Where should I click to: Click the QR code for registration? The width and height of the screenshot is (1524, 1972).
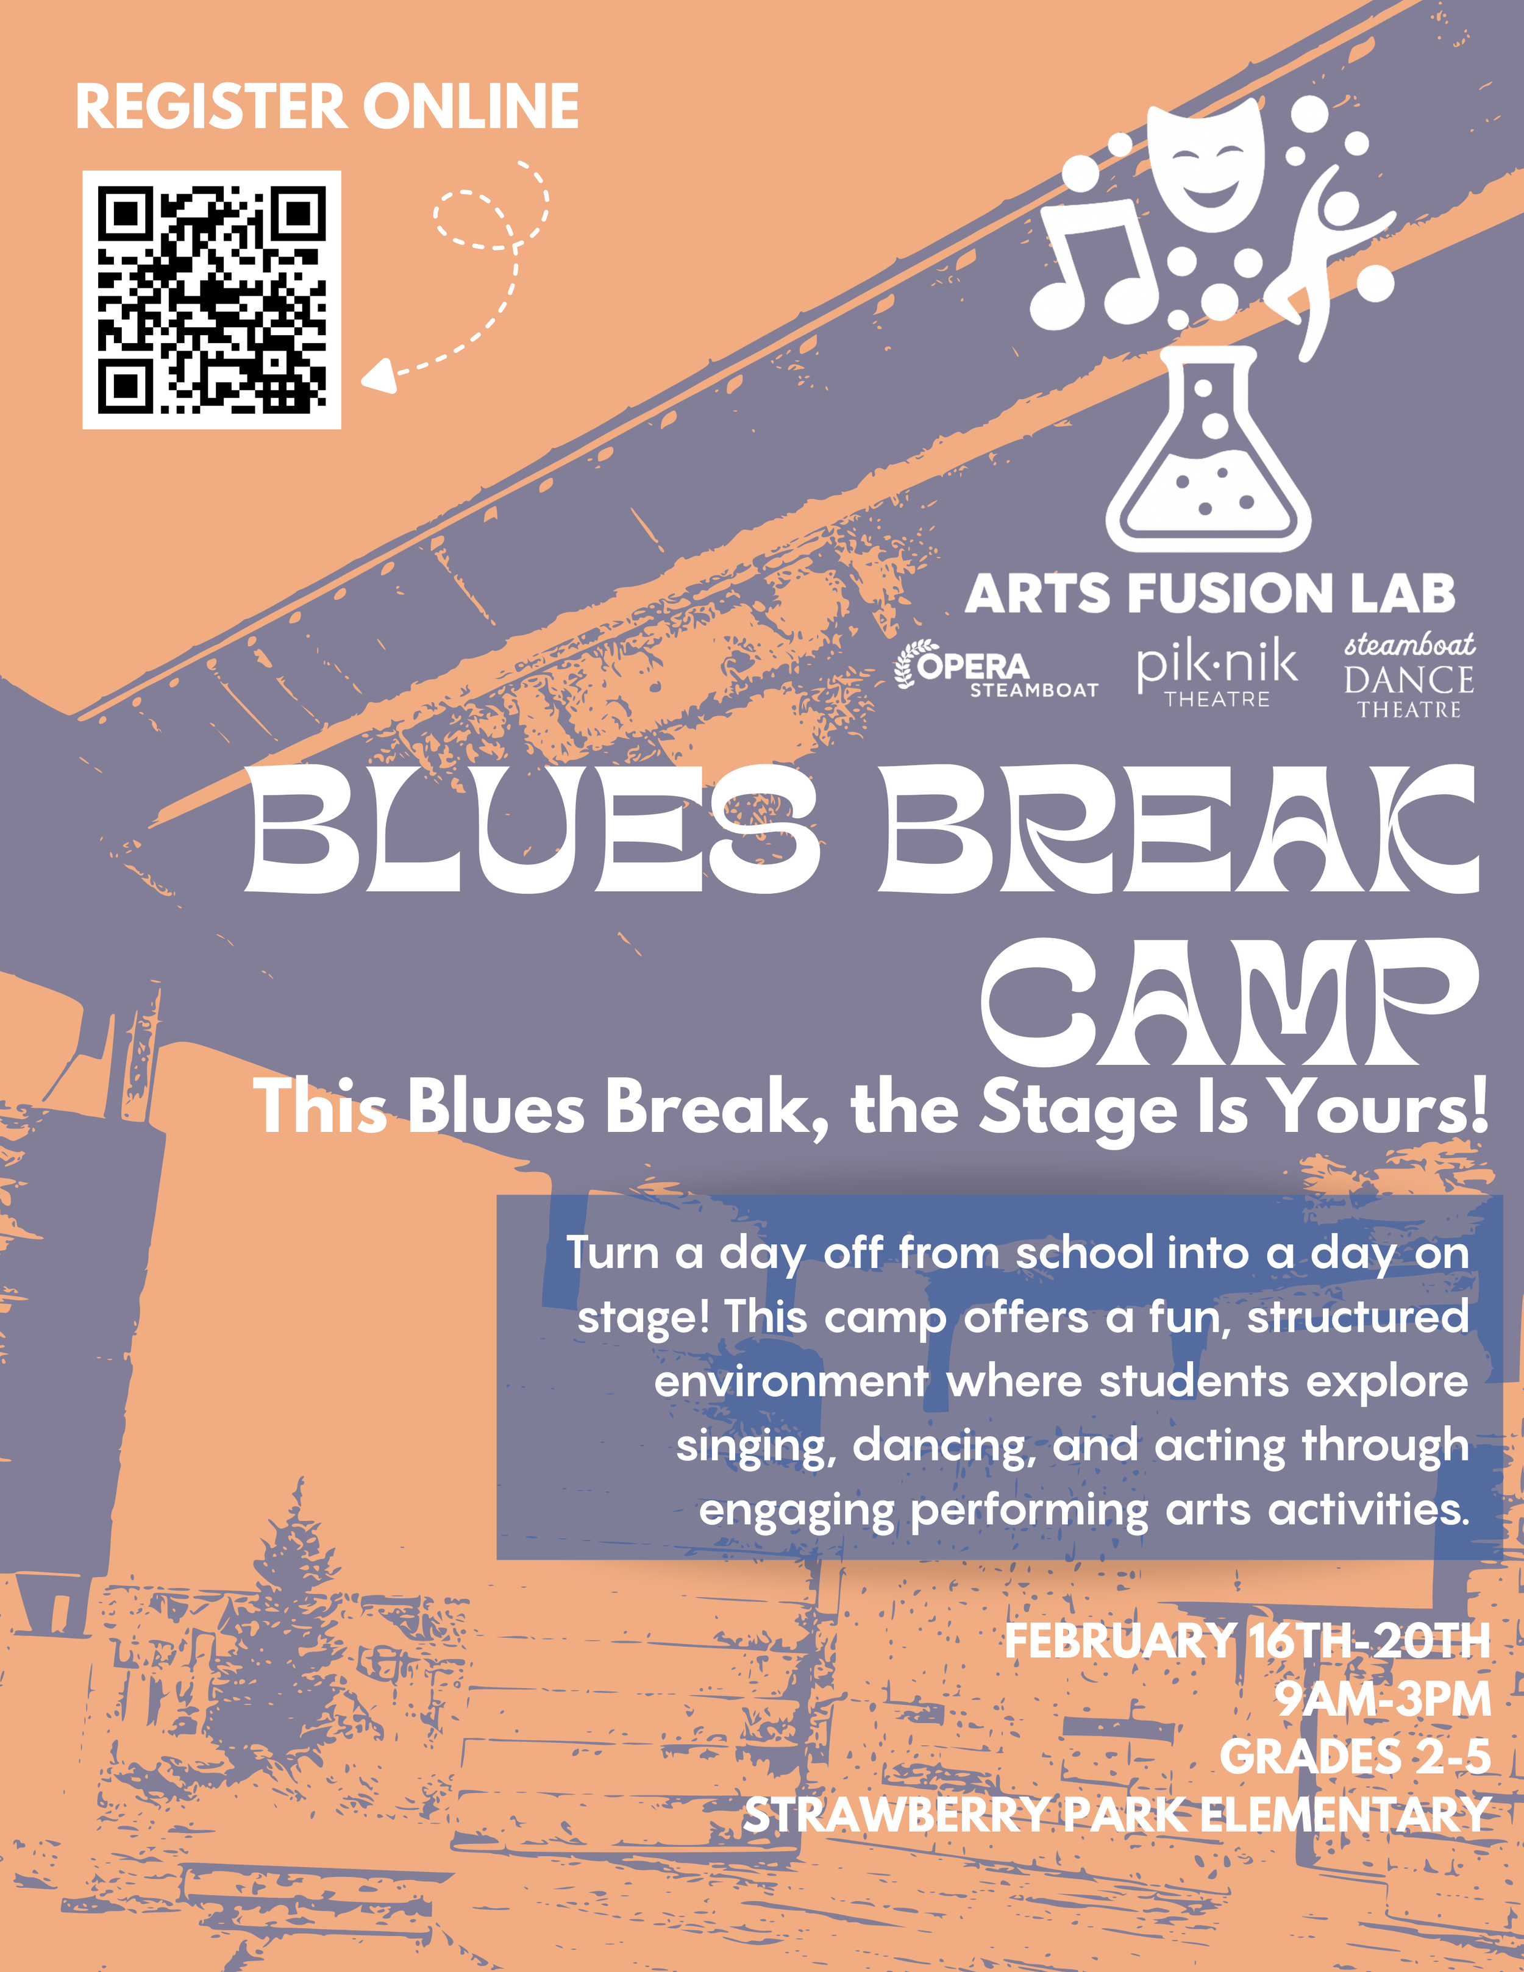[x=212, y=300]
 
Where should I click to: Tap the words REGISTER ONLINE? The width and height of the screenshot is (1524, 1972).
[x=327, y=107]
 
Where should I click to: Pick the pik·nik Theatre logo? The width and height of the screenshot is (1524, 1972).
[x=1216, y=673]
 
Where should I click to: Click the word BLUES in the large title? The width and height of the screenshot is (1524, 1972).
[x=533, y=831]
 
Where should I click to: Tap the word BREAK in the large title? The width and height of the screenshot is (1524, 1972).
[x=1178, y=831]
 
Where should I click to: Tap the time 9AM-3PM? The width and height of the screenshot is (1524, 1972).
[x=1382, y=1700]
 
